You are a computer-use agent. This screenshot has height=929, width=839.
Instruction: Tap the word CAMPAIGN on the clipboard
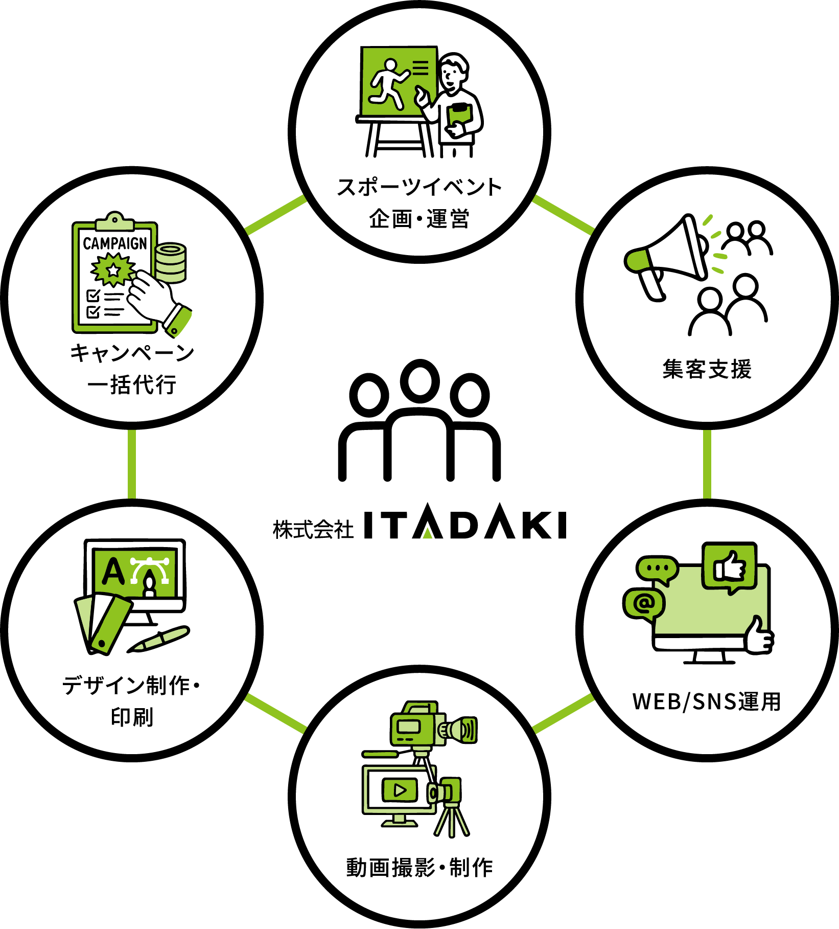point(115,243)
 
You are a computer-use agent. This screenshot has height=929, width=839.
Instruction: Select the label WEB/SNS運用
point(707,701)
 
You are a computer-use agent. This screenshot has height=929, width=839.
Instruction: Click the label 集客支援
point(707,369)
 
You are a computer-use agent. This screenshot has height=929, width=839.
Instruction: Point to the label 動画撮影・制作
point(420,868)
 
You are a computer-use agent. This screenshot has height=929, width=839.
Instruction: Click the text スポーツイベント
point(420,188)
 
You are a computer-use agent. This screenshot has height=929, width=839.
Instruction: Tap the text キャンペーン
point(132,353)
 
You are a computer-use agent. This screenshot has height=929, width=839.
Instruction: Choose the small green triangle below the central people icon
point(428,533)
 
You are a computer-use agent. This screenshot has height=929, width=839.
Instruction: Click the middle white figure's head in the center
point(420,381)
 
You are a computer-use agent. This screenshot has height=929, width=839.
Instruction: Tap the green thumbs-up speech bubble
point(730,567)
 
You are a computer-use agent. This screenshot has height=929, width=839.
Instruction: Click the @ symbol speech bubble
point(644,604)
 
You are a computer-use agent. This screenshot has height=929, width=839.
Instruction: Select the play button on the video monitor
point(400,790)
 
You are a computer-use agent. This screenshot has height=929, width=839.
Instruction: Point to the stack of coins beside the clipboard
point(171,262)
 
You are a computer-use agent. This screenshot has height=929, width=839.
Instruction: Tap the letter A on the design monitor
point(113,571)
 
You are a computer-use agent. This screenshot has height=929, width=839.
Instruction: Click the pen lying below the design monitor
point(158,639)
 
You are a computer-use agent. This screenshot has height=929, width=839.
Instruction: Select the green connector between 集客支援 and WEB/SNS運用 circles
point(707,464)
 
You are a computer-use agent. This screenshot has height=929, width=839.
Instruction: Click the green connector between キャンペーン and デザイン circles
point(132,464)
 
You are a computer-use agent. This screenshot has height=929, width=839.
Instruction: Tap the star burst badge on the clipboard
point(112,270)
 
